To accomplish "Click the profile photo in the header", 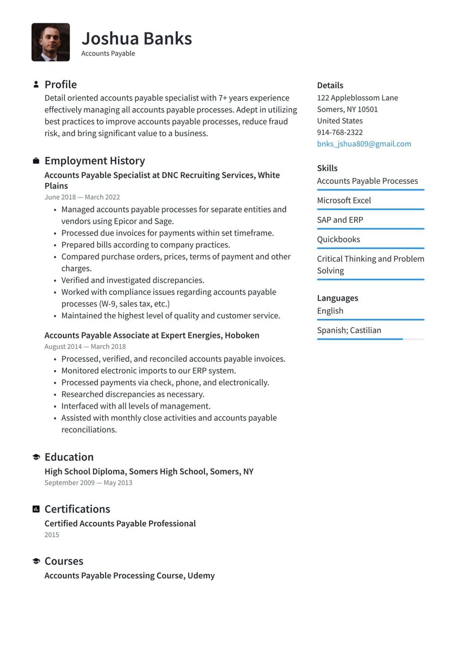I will (x=51, y=42).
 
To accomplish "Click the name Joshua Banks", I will (x=137, y=38).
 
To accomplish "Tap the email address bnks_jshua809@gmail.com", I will (x=364, y=144).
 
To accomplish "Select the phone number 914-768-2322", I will (x=339, y=132).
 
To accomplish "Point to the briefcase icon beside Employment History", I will (x=36, y=161).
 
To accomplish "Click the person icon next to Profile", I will (x=36, y=84).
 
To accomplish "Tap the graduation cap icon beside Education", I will (x=36, y=457).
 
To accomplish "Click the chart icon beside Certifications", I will (x=36, y=509).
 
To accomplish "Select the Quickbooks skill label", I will (x=338, y=239).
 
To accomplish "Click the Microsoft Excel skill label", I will (x=344, y=200).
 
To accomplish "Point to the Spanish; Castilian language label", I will (x=349, y=330).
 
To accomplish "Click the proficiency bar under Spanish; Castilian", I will (x=370, y=339).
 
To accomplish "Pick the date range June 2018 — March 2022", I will (x=82, y=197).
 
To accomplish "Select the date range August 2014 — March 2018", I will (x=85, y=347).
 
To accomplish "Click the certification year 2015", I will (x=52, y=535).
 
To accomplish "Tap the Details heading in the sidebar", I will (x=330, y=85).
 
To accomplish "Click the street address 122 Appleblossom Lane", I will (x=357, y=98).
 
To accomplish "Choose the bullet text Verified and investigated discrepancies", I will (x=133, y=280).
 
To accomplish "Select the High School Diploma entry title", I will (x=149, y=471).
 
